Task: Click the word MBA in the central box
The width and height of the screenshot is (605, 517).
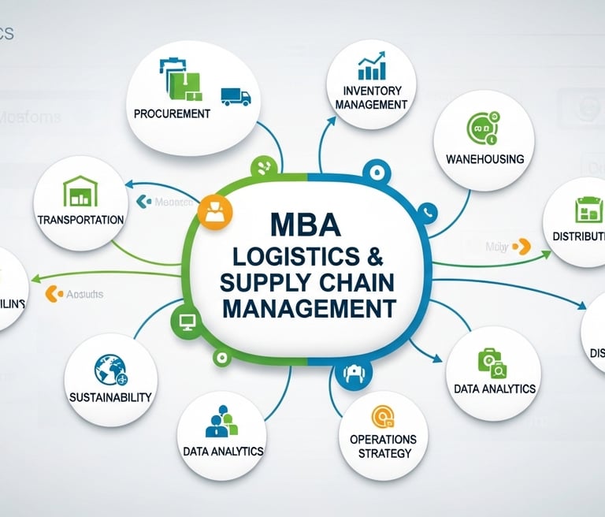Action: (x=306, y=225)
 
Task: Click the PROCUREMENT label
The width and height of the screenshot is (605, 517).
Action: (x=172, y=113)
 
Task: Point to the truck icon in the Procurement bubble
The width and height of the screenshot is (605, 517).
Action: (x=236, y=96)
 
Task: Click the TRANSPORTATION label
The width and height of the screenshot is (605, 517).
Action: (x=80, y=219)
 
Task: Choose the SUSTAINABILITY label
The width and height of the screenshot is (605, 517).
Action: (x=110, y=397)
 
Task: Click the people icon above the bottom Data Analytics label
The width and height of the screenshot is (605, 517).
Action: (x=221, y=422)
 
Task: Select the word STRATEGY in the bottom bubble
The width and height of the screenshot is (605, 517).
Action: (x=384, y=453)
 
